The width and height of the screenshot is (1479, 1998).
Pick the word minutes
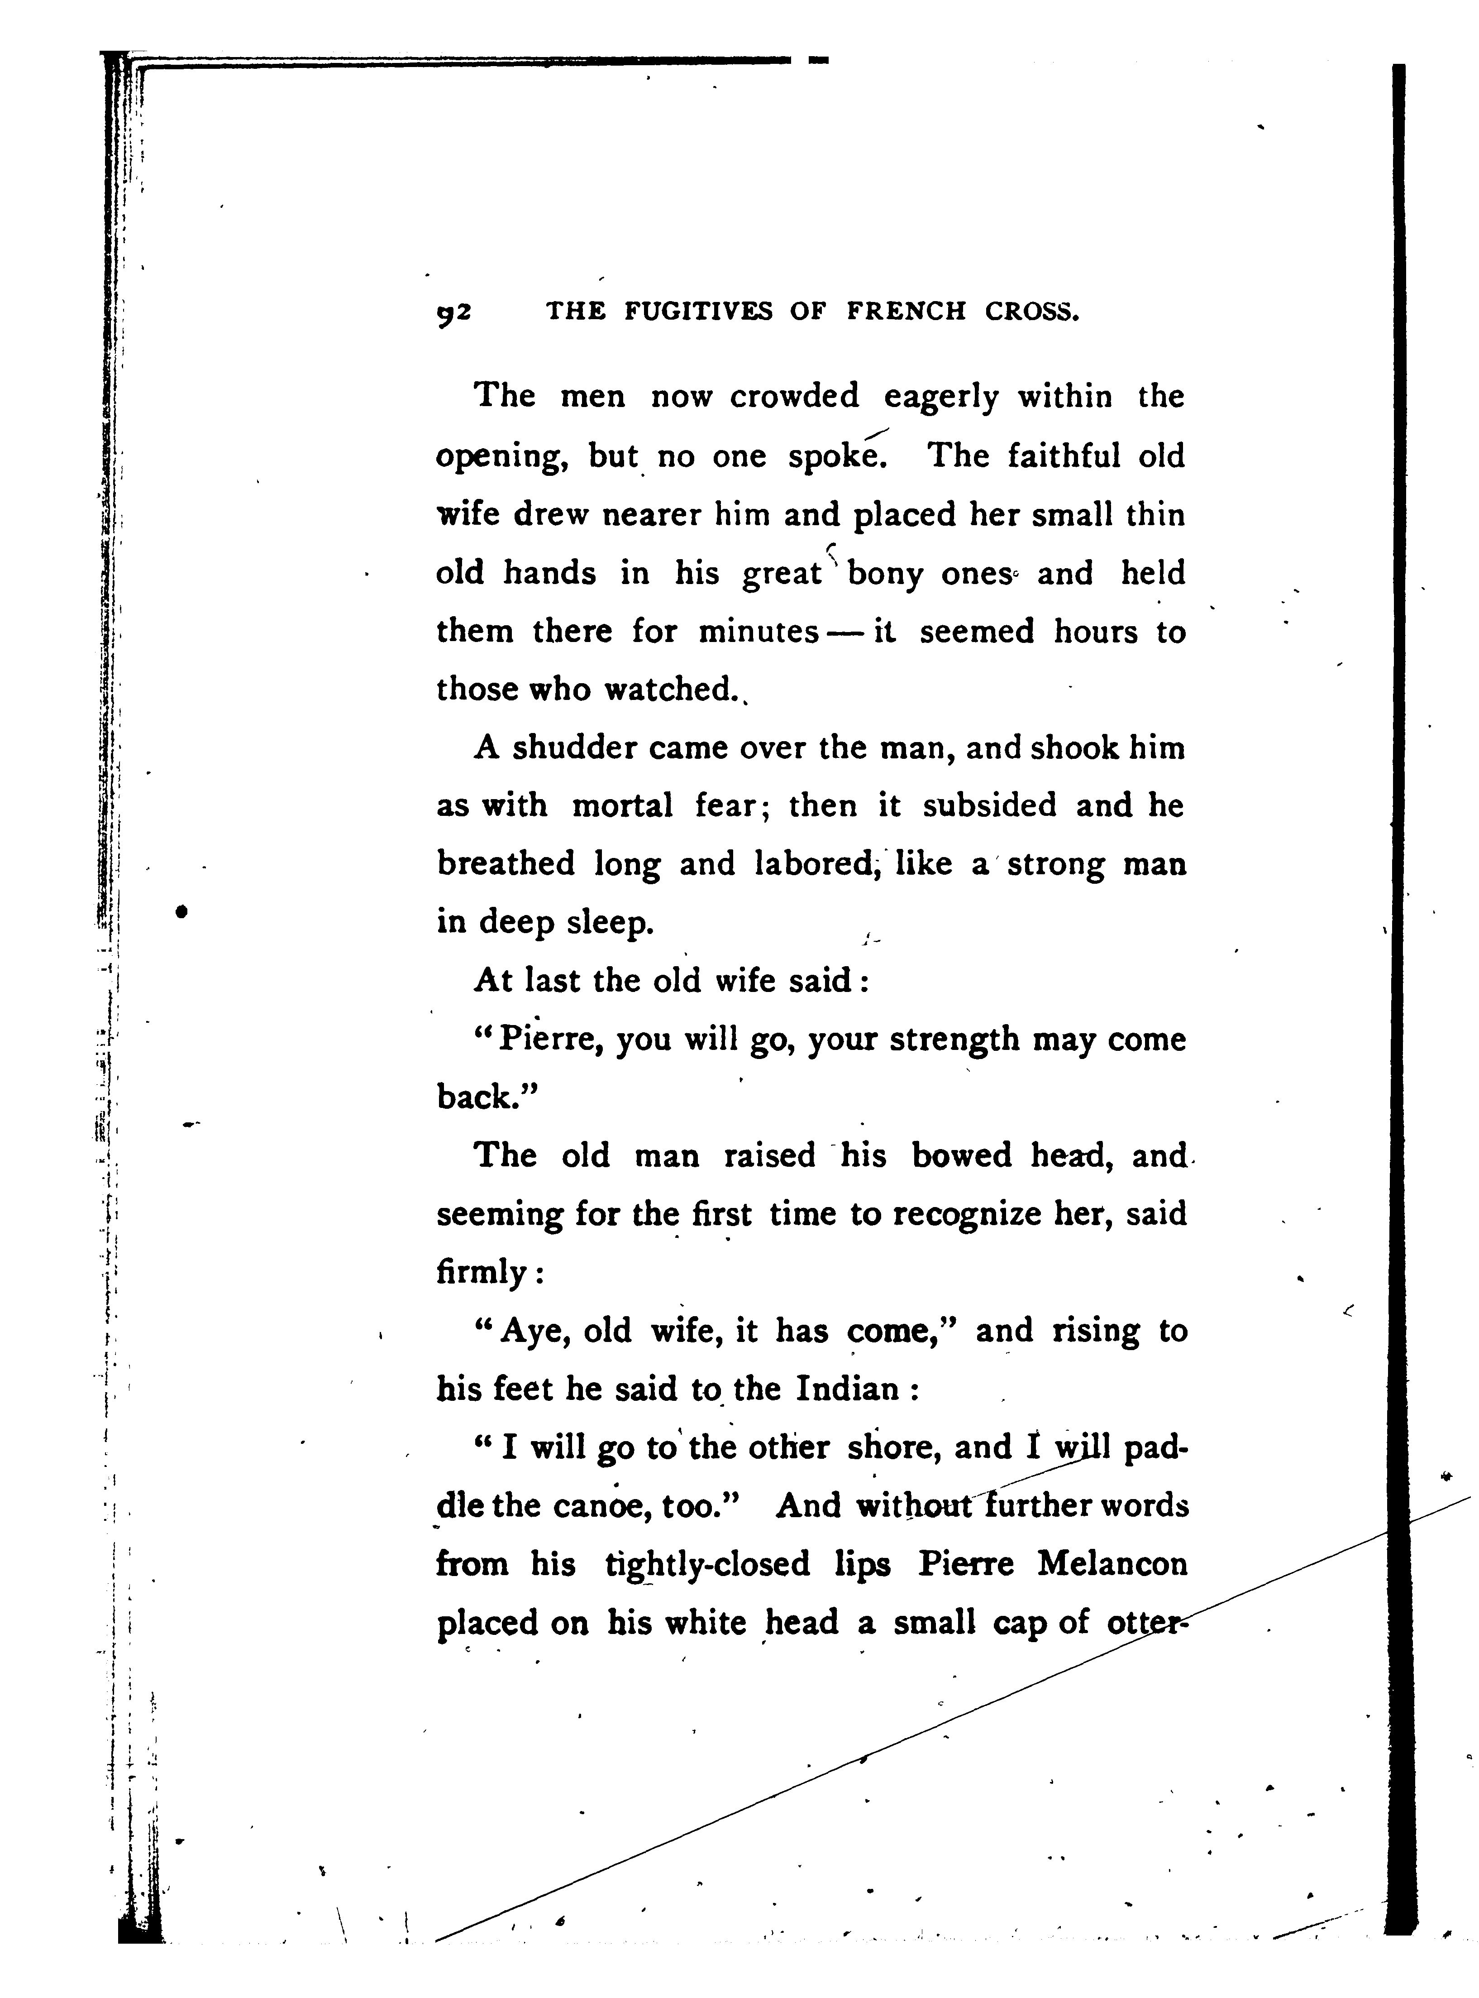tap(759, 632)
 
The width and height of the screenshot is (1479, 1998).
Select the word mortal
tap(622, 806)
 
